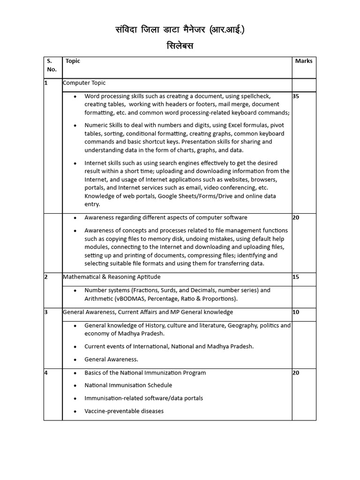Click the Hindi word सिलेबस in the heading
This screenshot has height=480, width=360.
pos(180,46)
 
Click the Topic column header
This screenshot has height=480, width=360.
pos(73,61)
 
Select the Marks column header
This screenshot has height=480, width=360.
pos(304,61)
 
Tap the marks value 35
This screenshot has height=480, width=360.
pos(296,96)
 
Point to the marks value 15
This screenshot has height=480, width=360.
pos(296,277)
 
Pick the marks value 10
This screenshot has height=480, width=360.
pos(296,312)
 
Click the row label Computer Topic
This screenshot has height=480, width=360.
pos(84,83)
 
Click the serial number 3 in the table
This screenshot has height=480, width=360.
pos(46,312)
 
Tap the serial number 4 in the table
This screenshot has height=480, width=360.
pos(46,373)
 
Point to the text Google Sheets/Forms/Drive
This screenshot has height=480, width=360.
pos(198,196)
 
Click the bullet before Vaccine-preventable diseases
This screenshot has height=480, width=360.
pos(75,412)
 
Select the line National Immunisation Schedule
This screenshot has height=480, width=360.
pos(128,385)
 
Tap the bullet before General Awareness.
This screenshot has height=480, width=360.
pos(75,360)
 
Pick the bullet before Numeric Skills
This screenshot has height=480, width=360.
pos(75,126)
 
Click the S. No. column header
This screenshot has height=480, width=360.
pos(52,65)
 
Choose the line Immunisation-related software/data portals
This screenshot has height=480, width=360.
pos(143,398)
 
